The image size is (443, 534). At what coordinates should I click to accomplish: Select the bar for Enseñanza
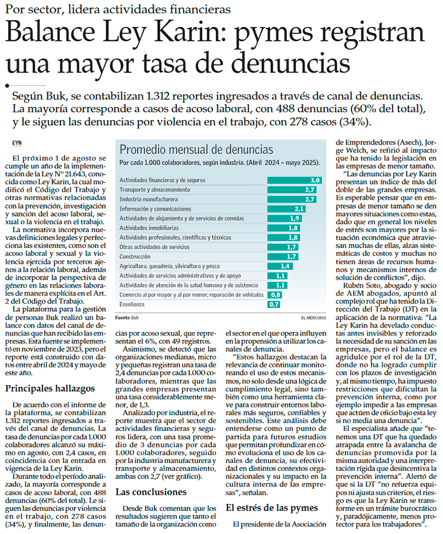point(274,304)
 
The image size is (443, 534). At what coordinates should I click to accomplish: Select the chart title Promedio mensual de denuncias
point(196,150)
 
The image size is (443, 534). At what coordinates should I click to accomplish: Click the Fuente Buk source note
point(127,317)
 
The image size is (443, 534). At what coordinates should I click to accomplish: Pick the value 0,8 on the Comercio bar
point(275,295)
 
